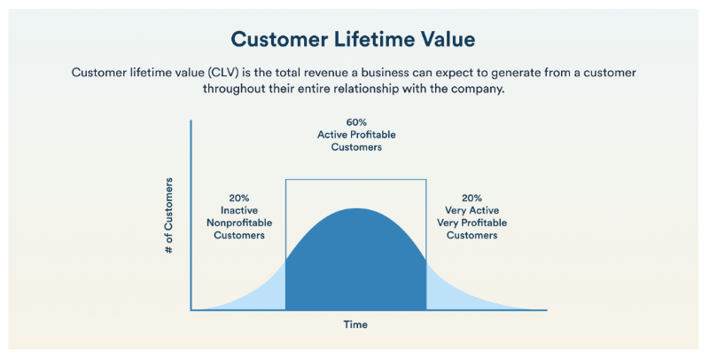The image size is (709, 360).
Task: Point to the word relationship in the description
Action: click(x=390, y=89)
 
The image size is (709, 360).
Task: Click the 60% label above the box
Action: click(x=356, y=121)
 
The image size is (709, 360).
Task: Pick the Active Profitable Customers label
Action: click(x=356, y=140)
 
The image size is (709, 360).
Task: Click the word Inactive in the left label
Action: click(x=238, y=211)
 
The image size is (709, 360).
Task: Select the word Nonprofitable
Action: click(x=238, y=223)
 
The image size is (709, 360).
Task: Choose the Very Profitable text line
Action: click(x=471, y=223)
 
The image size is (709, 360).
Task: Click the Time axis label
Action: click(x=355, y=325)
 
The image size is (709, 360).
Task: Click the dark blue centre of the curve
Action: click(x=356, y=266)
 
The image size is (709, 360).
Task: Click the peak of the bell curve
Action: click(x=356, y=209)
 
